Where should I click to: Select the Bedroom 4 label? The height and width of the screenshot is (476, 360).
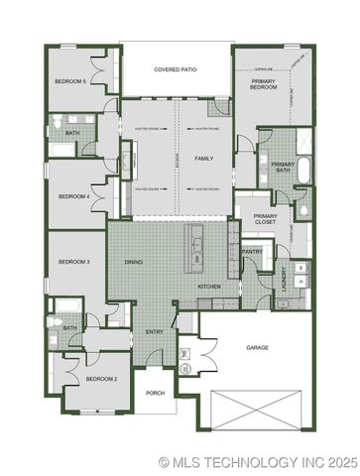74,196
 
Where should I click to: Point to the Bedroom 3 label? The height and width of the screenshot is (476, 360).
74,262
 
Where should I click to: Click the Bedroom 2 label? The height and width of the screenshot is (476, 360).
101,379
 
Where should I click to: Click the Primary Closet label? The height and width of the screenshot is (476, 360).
265,219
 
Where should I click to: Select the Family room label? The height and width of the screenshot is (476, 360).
203,159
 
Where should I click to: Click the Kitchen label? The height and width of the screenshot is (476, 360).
208,287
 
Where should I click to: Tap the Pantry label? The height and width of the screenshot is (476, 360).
253,251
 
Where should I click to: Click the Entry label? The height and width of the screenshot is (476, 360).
154,331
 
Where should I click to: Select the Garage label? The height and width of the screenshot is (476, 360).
258,347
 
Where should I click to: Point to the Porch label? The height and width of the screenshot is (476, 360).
155,393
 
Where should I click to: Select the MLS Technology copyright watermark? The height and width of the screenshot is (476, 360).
257,462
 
